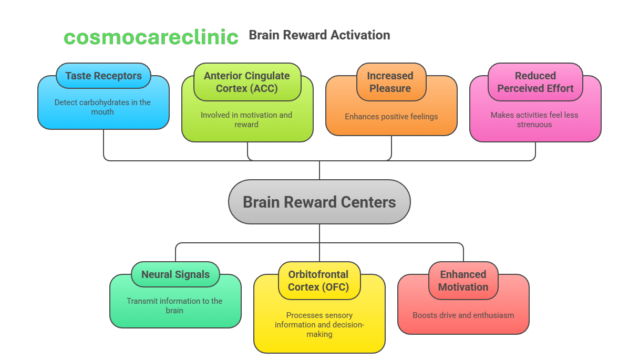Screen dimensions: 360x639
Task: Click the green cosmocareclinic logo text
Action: click(151, 37)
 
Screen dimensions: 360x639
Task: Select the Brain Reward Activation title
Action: click(319, 35)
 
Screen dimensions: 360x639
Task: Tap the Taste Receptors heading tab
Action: click(104, 76)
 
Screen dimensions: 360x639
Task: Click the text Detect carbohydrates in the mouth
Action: click(102, 107)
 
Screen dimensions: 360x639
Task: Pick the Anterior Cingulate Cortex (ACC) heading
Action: click(247, 82)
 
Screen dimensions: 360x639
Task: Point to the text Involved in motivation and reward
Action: click(246, 120)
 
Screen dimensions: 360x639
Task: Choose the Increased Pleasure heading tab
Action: click(390, 82)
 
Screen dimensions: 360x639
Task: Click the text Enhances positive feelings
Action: click(391, 117)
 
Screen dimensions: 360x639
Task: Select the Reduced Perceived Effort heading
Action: click(535, 82)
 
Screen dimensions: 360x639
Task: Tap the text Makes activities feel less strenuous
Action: click(534, 120)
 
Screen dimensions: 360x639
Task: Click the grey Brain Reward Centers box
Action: click(319, 202)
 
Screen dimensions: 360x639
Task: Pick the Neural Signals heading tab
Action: click(176, 274)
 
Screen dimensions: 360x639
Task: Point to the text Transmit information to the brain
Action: click(174, 306)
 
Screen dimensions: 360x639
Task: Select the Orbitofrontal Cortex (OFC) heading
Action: click(318, 281)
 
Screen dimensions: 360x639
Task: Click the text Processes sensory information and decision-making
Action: click(319, 325)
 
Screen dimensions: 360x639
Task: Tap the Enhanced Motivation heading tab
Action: click(463, 281)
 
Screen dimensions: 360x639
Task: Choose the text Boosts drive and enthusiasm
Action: click(463, 315)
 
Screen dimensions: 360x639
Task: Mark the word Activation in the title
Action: click(358, 35)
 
